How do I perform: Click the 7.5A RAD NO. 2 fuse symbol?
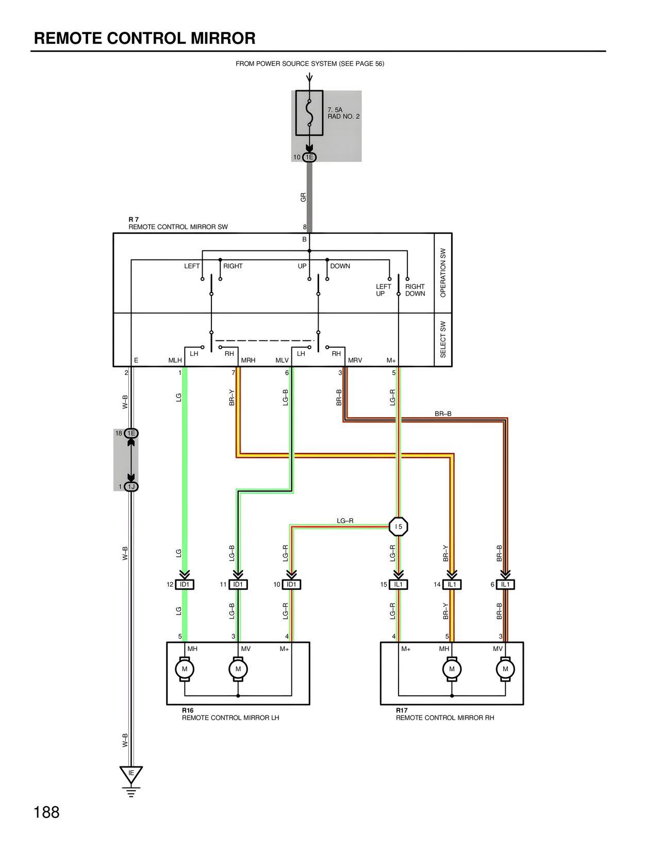tap(309, 113)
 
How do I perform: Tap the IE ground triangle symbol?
tap(131, 774)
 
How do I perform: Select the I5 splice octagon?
tap(399, 526)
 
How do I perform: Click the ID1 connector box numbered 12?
tap(185, 585)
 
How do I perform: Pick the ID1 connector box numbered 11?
tap(238, 585)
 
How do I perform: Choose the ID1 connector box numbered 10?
tap(291, 585)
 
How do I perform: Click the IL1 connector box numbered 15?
tap(399, 585)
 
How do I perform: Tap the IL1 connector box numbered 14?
tap(452, 585)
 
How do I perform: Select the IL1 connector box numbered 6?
tap(505, 585)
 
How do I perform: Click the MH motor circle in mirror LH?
tap(185, 669)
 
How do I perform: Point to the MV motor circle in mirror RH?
tap(505, 669)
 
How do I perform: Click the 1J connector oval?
tap(131, 487)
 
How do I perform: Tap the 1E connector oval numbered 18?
tap(131, 433)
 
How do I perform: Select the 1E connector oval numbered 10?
tap(309, 157)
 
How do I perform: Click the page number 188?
tap(46, 812)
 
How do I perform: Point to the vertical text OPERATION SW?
tap(443, 273)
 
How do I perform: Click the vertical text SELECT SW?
tap(443, 339)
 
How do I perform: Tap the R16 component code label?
tap(188, 710)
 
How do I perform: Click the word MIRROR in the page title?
tap(223, 38)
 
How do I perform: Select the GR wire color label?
tap(303, 197)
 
